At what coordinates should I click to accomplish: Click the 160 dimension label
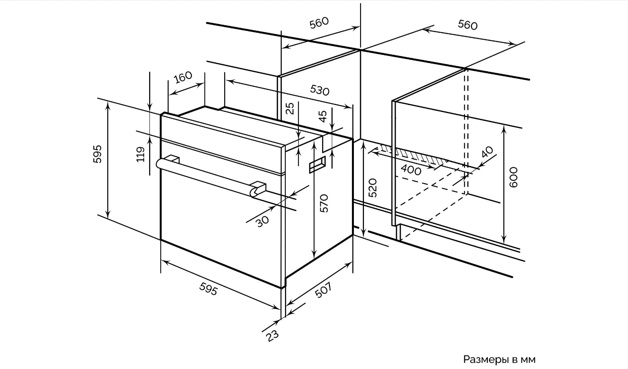pyautogui.click(x=183, y=77)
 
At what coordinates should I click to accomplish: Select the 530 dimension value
pyautogui.click(x=319, y=90)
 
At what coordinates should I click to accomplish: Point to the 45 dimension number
pyautogui.click(x=323, y=115)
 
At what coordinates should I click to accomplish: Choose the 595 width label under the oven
pyautogui.click(x=208, y=288)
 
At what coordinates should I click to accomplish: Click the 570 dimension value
pyautogui.click(x=324, y=203)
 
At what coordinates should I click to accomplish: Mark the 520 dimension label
pyautogui.click(x=372, y=188)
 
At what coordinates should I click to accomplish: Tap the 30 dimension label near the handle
pyautogui.click(x=263, y=221)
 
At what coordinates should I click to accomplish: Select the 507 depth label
pyautogui.click(x=323, y=290)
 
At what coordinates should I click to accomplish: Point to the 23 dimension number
pyautogui.click(x=273, y=335)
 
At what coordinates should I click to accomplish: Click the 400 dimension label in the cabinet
pyautogui.click(x=411, y=170)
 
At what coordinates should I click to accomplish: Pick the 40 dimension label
pyautogui.click(x=487, y=152)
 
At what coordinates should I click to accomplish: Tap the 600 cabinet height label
pyautogui.click(x=513, y=177)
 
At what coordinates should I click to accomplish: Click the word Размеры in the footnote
pyautogui.click(x=486, y=360)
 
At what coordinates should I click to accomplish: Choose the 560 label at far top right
pyautogui.click(x=468, y=25)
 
